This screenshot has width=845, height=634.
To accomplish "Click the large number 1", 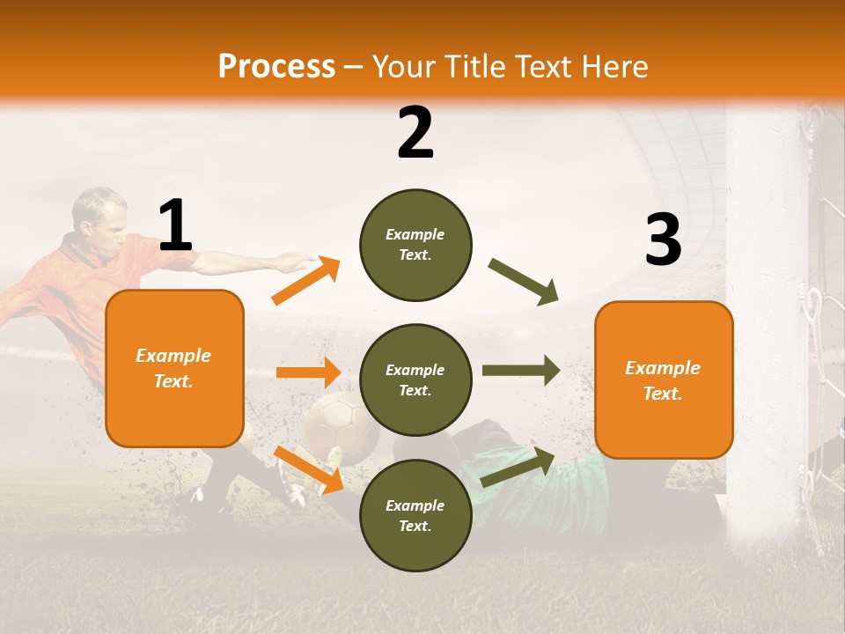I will pos(175,225).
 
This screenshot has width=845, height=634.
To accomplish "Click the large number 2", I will pos(415,133).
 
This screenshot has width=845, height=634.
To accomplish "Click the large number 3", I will pos(663,240).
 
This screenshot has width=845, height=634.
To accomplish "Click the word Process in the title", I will pos(276,66).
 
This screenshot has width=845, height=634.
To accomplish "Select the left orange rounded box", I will pos(174,368).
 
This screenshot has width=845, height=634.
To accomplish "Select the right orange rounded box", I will pos(664,380).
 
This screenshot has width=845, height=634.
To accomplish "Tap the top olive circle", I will pos(415,245).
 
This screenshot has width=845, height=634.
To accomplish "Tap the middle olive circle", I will pos(415,380).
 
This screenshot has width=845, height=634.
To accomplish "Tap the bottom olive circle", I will pos(415,515).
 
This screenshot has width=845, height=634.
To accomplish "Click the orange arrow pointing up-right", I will pos(305,281).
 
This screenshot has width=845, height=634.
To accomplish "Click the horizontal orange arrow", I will pos(308,372).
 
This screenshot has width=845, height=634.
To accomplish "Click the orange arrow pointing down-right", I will pos(308,468).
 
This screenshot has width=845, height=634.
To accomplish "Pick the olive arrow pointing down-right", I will pos(524,281).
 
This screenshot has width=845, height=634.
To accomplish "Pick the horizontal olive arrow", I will pos(521,371).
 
